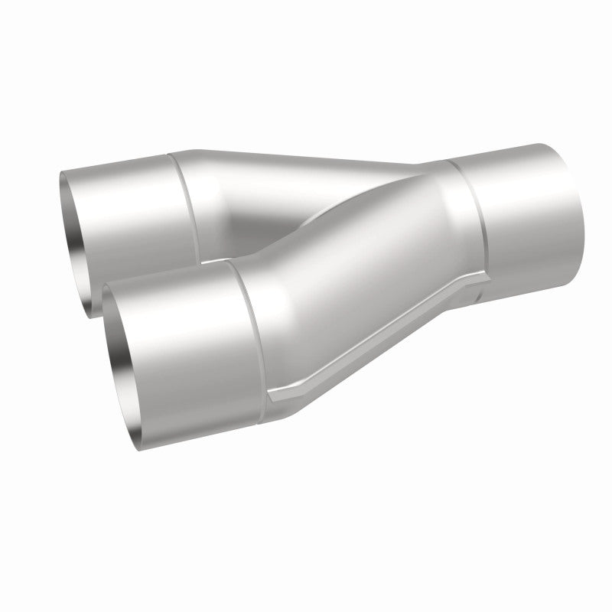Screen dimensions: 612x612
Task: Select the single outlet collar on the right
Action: [528, 218]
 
